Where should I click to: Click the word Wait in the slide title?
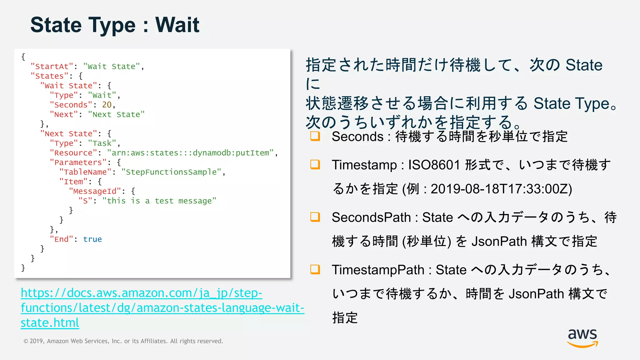point(177,25)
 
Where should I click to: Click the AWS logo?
point(582,338)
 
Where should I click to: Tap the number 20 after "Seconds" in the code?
point(107,105)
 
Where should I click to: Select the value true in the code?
point(92,239)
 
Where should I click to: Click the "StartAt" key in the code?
point(52,67)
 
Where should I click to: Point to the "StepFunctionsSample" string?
point(171,172)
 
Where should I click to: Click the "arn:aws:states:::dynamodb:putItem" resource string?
point(190,153)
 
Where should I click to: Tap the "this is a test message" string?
point(159,201)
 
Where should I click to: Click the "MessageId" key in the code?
point(95,191)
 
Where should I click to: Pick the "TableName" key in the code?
point(85,172)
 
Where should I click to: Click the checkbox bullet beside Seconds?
point(315,136)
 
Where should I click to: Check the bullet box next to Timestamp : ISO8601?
point(315,164)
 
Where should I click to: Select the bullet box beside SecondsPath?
point(315,217)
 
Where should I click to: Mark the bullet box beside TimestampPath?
point(315,269)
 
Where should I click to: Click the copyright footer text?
point(123,341)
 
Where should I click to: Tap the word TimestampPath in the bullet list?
point(378,270)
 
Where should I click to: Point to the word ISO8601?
point(434,165)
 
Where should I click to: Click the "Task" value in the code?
point(102,143)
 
